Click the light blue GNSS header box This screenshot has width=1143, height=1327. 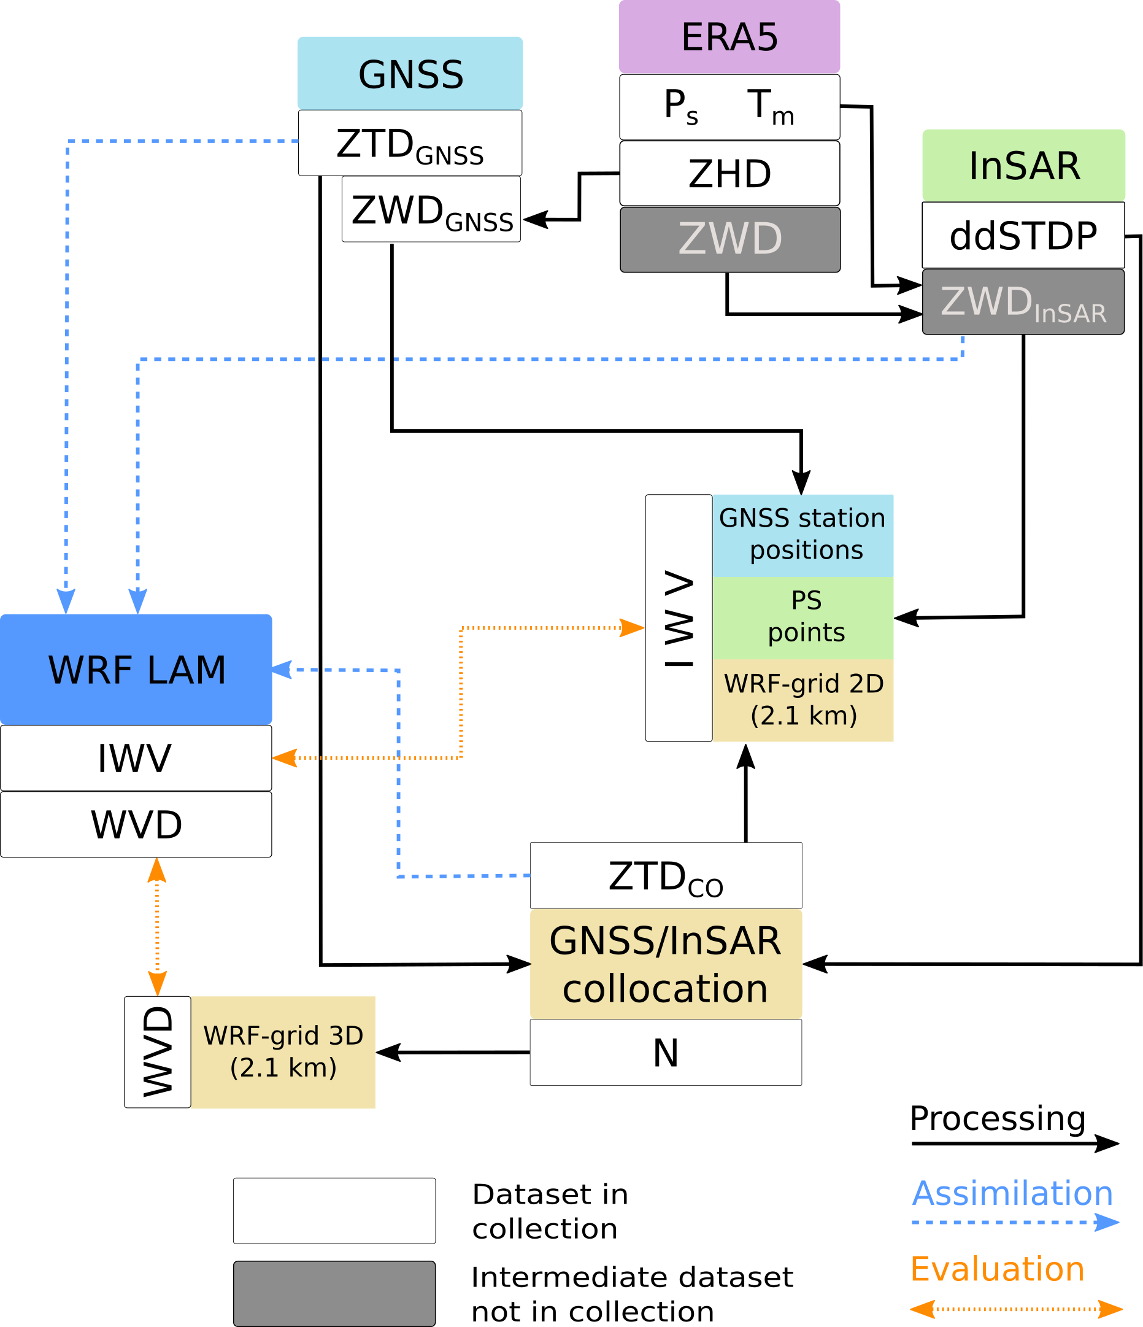(x=410, y=73)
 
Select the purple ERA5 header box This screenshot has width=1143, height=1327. (x=729, y=36)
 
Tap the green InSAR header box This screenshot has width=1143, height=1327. (x=1023, y=165)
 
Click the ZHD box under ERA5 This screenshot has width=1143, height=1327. (x=729, y=174)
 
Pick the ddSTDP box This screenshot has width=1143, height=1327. (x=1023, y=235)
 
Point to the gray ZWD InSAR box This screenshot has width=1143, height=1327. (x=1023, y=301)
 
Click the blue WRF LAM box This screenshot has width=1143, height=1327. (x=136, y=669)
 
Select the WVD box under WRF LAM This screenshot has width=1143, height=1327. (x=136, y=824)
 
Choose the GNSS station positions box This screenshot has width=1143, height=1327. (x=802, y=535)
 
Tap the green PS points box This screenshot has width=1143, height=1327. (x=802, y=617)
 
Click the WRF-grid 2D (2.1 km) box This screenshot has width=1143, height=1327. (x=802, y=700)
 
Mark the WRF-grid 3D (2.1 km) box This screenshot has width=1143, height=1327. (x=283, y=1051)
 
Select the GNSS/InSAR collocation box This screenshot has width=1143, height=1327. (x=665, y=964)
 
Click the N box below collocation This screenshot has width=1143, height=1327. (x=665, y=1052)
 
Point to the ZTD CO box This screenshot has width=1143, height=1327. (x=665, y=875)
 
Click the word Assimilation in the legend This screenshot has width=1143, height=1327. (x=1012, y=1193)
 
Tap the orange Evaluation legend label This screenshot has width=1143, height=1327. (x=997, y=1269)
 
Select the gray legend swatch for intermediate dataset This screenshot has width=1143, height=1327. (x=334, y=1293)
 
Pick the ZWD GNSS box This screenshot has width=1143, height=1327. (x=431, y=209)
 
